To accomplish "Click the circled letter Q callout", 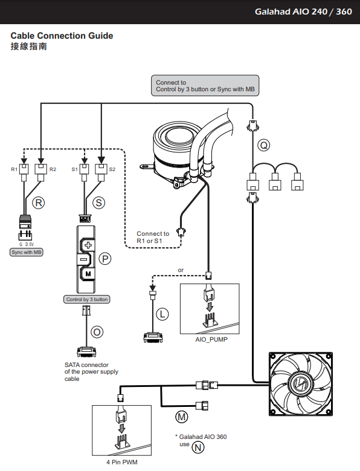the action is [x=264, y=145].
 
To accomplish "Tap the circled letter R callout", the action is [x=39, y=203].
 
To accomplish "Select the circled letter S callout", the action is [x=98, y=203].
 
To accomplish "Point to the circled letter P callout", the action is [x=105, y=259].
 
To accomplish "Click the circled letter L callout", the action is [x=162, y=314].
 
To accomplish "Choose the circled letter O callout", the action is [x=97, y=332].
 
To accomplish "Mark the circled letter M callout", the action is [x=182, y=417].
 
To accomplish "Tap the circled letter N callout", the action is [x=198, y=447].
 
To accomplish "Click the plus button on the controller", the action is [x=88, y=245].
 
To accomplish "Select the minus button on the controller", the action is [x=85, y=259].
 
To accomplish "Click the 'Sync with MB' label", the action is [x=27, y=252].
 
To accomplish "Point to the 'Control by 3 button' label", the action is [x=87, y=299].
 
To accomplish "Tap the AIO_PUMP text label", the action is [x=211, y=339].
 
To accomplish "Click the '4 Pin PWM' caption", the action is [x=122, y=463].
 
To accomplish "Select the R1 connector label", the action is [x=14, y=169].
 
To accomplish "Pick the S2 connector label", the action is [x=112, y=169].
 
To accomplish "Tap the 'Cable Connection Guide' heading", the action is [x=62, y=36].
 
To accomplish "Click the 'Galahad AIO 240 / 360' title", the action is [x=303, y=11].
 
